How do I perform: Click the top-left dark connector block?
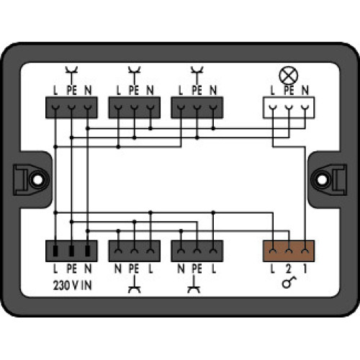pyautogui.click(x=71, y=107)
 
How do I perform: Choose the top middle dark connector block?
pyautogui.click(x=133, y=107)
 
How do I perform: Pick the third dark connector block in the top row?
pyautogui.click(x=197, y=107)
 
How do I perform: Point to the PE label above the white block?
pyautogui.click(x=288, y=90)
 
